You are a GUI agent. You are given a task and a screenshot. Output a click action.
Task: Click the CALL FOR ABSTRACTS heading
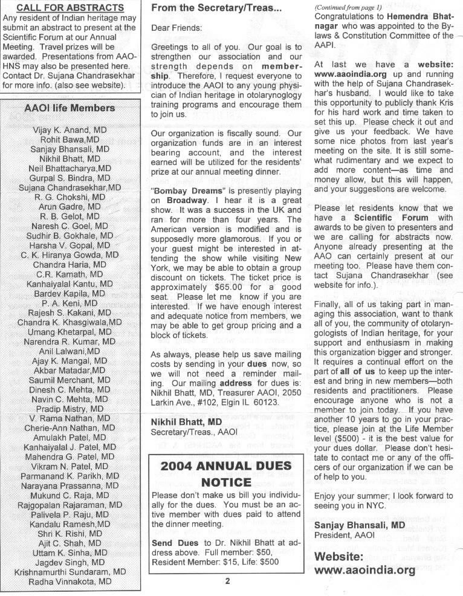70,8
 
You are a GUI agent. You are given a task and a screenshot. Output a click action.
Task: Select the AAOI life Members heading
70,108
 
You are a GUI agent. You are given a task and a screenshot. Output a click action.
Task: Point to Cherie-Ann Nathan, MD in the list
70,427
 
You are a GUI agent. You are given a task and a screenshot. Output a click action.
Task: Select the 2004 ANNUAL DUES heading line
225,466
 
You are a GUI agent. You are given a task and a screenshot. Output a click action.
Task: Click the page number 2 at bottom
228,582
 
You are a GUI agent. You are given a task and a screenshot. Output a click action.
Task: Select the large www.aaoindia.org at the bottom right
365,569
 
